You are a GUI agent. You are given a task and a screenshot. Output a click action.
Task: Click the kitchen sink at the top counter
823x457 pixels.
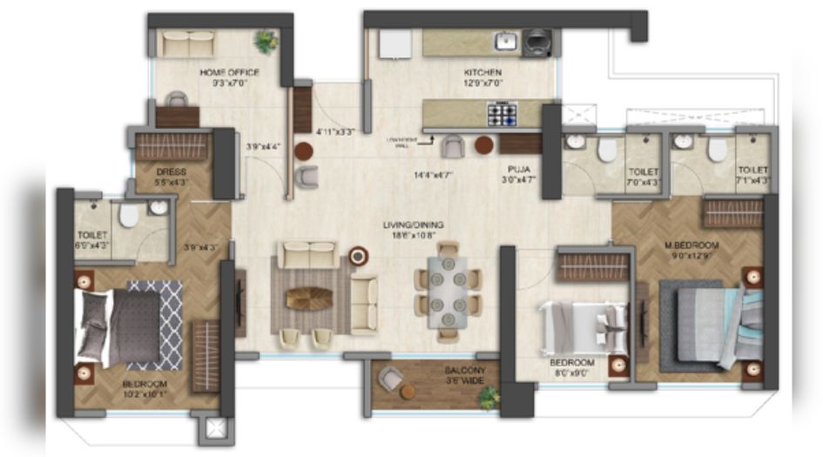506,40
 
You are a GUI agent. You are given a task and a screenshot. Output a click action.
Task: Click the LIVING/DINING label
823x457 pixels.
414,225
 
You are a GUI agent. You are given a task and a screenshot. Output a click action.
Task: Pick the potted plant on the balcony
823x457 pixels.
489,396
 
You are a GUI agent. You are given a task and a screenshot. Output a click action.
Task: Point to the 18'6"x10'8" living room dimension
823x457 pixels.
414,235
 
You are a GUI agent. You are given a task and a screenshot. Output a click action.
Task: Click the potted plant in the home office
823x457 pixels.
264,40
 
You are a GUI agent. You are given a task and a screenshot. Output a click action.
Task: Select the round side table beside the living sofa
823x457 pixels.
358,256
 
